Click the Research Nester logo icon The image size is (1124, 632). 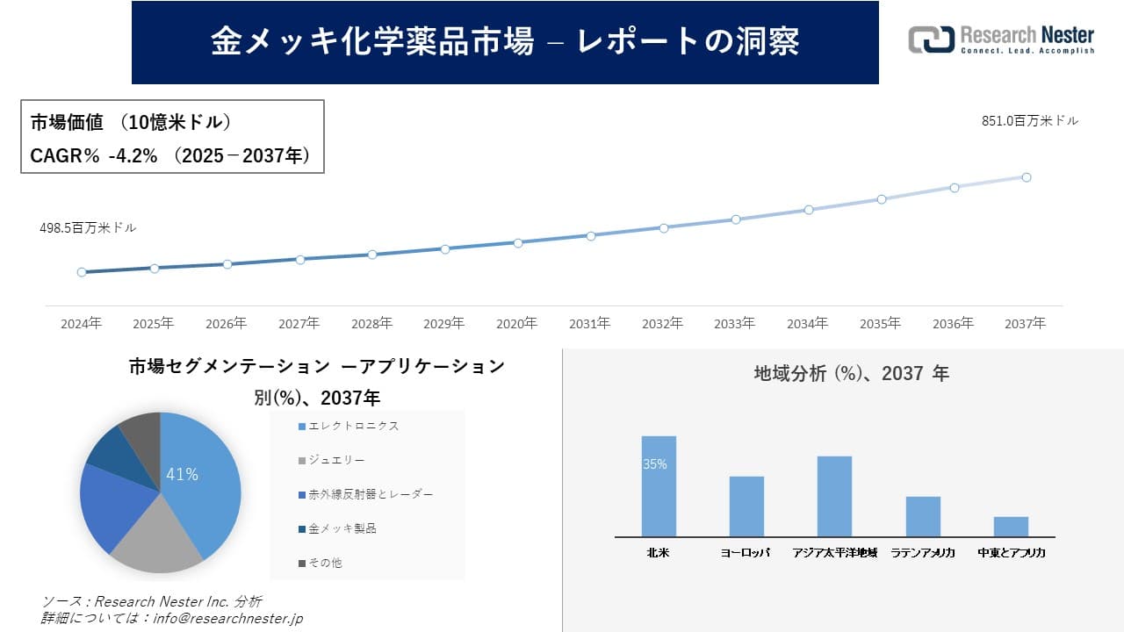point(931,39)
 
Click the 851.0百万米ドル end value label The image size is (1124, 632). point(1029,121)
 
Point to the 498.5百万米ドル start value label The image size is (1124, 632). point(88,227)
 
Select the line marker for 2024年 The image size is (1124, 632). point(82,272)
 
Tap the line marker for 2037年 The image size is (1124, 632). point(1026,177)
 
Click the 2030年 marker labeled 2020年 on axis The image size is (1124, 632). point(518,242)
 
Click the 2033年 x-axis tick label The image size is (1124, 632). point(734,324)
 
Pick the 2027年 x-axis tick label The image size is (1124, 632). point(299,324)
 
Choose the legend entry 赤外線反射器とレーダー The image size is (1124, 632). point(370,495)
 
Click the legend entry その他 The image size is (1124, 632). point(325,563)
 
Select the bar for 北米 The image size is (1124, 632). point(659,487)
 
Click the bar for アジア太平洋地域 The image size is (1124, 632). point(834,497)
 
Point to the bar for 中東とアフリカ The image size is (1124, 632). point(1011,527)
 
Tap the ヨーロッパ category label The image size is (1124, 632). point(746,553)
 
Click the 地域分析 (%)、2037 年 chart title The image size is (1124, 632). point(851,374)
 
